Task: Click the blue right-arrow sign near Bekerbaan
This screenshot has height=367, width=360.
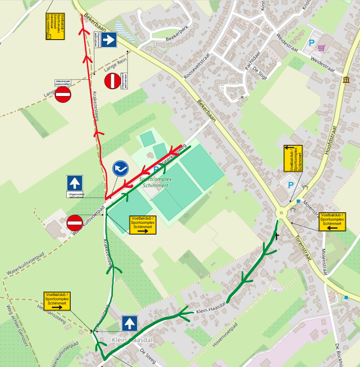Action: [x=109, y=40]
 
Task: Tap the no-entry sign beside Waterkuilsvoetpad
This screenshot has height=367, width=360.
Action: [x=75, y=223]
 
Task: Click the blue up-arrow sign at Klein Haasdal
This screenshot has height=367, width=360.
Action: [x=130, y=324]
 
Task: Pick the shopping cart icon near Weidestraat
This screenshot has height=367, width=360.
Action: [x=322, y=47]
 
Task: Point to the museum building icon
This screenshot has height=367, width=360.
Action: [x=347, y=80]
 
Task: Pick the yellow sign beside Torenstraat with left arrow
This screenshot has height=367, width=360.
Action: [x=331, y=221]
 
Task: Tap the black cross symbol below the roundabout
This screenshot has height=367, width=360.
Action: [x=276, y=236]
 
